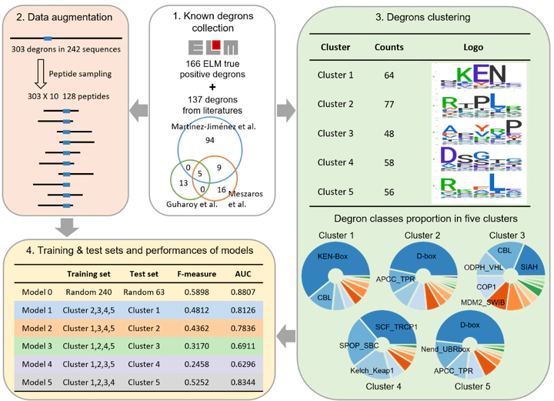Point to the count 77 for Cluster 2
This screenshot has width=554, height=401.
[x=388, y=103]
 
